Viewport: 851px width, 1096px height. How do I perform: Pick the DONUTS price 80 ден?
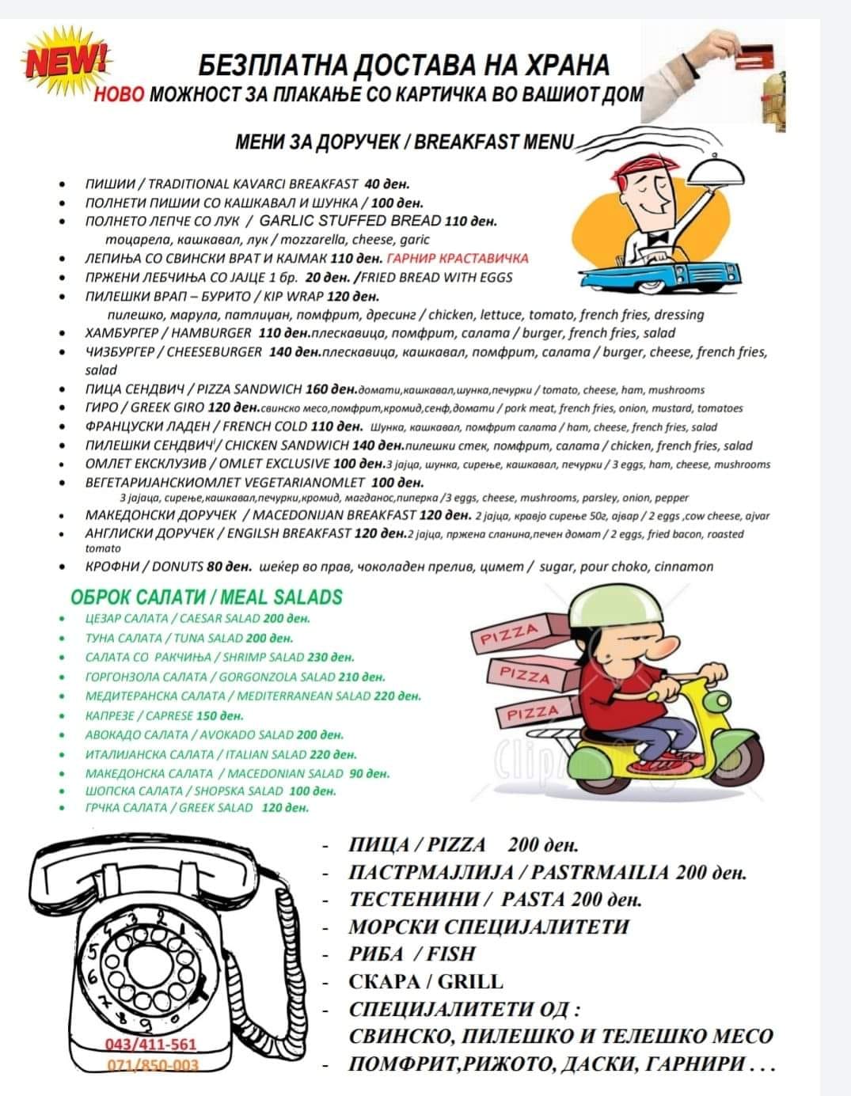point(228,567)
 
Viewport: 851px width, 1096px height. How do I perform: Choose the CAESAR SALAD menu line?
point(198,619)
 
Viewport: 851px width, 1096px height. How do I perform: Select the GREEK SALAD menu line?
point(196,808)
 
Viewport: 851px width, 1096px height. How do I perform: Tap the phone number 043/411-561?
point(150,1045)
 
